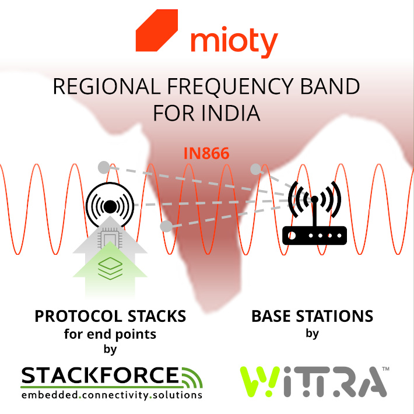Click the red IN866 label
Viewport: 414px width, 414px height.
(206, 154)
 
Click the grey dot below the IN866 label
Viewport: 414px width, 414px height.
(255, 169)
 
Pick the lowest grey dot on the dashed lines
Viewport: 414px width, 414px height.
(166, 226)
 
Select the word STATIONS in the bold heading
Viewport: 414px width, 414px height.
(340, 317)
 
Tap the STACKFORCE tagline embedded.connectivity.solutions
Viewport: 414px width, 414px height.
(111, 395)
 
